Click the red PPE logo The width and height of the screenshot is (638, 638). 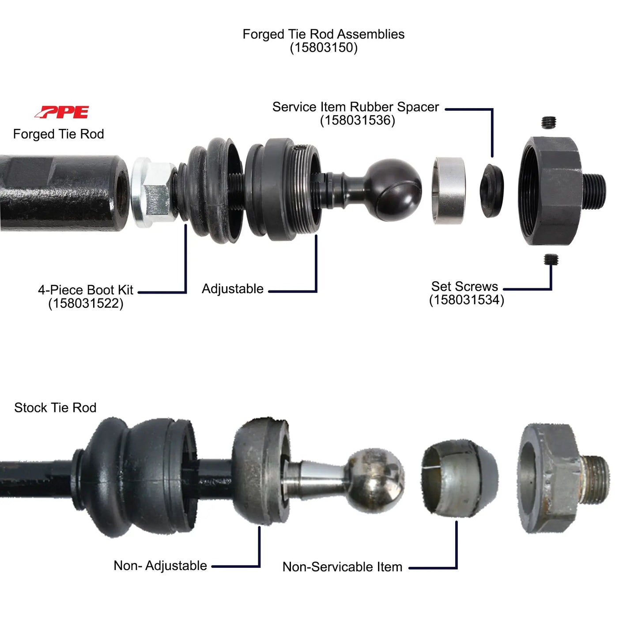pos(62,112)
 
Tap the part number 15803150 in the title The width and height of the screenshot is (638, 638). pos(323,48)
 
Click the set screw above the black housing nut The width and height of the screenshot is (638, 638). pos(549,122)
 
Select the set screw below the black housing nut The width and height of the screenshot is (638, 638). pos(551,259)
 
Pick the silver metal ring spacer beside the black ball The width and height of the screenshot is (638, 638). pos(449,190)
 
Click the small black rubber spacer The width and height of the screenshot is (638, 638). pos(492,190)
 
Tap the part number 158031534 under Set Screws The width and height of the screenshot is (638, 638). pos(466,300)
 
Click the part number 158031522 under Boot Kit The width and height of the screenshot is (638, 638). pos(86,304)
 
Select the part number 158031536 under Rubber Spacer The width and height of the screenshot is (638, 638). pos(357,121)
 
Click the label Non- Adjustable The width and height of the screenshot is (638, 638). pos(160,566)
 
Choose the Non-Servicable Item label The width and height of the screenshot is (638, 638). pos(342,567)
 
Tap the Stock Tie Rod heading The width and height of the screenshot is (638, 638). pos(55,408)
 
